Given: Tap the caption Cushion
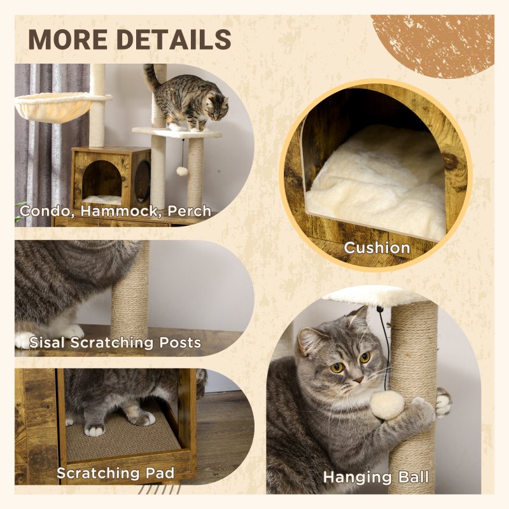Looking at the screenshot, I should [x=377, y=247].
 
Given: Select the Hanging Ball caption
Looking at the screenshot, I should [x=375, y=477].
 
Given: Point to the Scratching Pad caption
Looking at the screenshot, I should [x=116, y=473].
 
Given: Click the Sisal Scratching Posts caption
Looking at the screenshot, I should [x=115, y=343].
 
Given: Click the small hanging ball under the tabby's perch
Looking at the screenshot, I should [x=181, y=171].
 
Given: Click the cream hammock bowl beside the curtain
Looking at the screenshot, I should [x=53, y=106].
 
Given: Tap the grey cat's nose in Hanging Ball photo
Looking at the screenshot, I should [x=358, y=379].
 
